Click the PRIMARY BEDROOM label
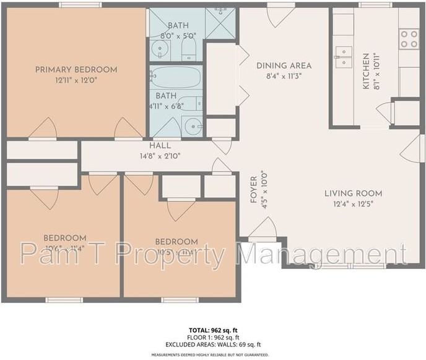point(76,69)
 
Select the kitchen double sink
point(342,56)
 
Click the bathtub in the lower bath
point(176,78)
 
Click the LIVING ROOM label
point(353,193)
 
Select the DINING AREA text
point(284,66)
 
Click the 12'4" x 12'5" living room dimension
point(353,203)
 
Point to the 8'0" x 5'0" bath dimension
point(178,36)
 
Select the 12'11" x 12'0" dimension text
point(76,80)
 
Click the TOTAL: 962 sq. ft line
point(212,330)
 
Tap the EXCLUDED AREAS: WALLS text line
point(212,344)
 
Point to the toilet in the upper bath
point(189,50)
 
